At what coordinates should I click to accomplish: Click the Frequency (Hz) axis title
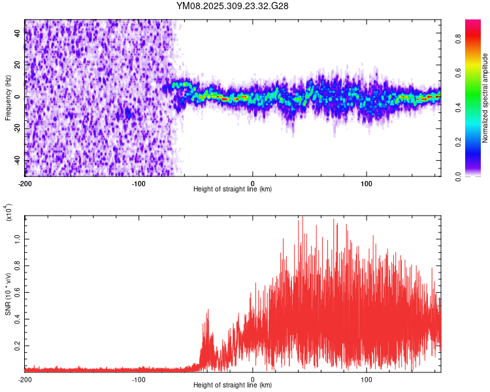8,97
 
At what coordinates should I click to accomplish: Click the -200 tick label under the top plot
25,182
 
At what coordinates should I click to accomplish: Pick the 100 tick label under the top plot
367,182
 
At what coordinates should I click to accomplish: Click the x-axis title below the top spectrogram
233,189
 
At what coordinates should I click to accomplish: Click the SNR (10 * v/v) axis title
8,293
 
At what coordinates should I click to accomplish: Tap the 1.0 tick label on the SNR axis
18,239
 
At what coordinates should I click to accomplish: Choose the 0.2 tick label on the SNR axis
18,346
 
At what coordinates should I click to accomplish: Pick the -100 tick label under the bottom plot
139,378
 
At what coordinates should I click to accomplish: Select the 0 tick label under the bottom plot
253,378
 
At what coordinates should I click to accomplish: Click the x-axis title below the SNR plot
233,385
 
